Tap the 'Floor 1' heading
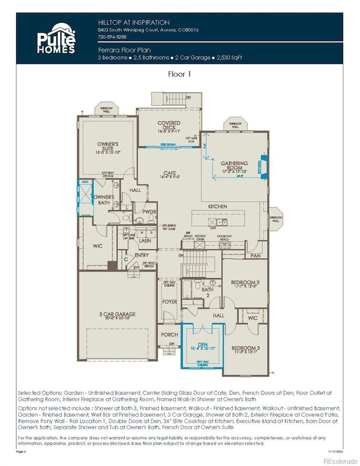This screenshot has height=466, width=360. pos(179,73)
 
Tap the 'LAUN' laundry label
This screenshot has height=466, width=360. pos(145,241)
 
